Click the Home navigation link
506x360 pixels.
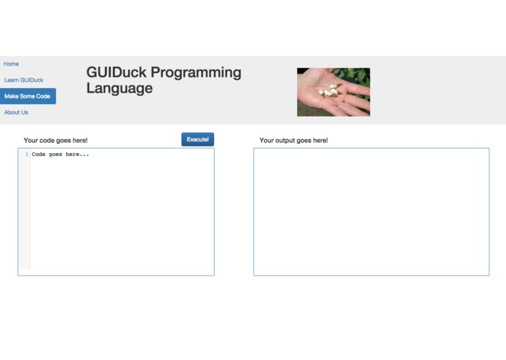tap(11, 64)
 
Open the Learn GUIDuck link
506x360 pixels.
tap(23, 80)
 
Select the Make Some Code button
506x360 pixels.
tap(28, 96)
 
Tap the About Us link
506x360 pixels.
tap(16, 112)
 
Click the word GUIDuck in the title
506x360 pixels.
tap(116, 73)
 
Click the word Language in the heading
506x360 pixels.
tap(119, 89)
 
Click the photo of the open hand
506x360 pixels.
tap(333, 92)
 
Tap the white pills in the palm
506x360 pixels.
tap(331, 90)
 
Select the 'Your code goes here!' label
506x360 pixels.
tap(55, 141)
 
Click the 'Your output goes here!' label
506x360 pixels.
tap(293, 141)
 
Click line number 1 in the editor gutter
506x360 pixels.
tap(27, 154)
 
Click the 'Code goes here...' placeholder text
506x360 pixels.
tap(60, 154)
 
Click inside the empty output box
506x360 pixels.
tap(371, 212)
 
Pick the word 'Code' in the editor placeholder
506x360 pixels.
tap(39, 154)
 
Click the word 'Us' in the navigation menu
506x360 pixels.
tap(24, 112)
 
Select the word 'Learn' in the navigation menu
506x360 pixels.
tap(12, 80)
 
